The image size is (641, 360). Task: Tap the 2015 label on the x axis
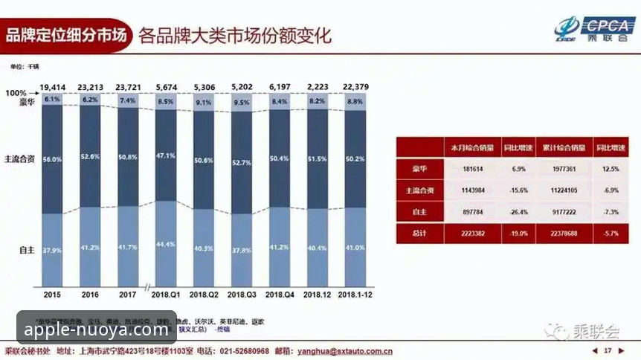(52, 295)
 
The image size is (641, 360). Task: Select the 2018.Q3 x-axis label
(242, 295)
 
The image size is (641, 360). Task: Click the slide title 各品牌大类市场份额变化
(235, 35)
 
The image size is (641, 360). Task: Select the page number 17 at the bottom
(608, 350)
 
